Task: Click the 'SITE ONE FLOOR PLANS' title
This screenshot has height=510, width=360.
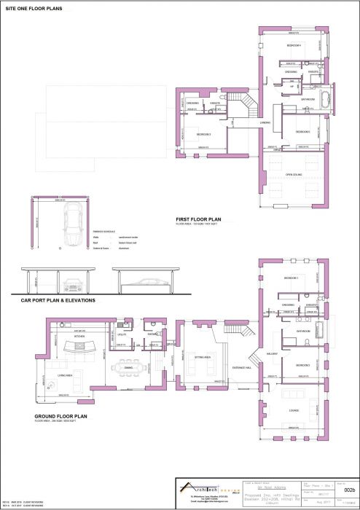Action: pos(34,9)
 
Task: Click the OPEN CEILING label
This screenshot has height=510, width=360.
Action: pos(294,175)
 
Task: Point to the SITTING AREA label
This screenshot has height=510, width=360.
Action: pos(202,358)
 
